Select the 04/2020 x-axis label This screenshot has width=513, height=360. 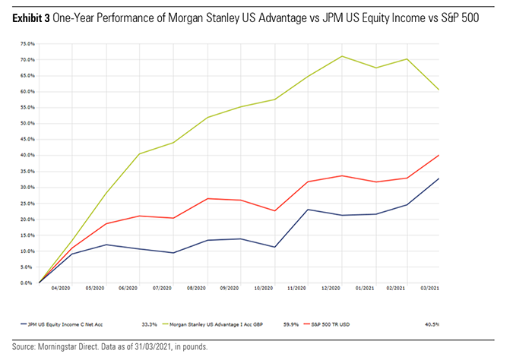click(61, 289)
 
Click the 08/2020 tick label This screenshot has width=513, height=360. click(195, 289)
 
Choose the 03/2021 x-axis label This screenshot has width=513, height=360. click(430, 289)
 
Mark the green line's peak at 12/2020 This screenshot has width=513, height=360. click(342, 56)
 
